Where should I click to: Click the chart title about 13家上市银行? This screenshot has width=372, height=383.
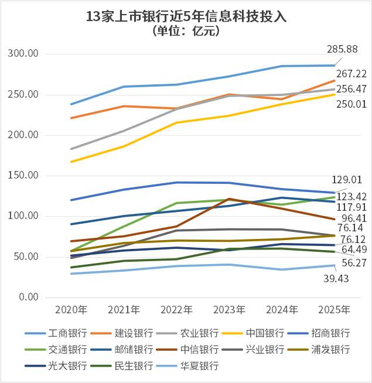click(x=186, y=16)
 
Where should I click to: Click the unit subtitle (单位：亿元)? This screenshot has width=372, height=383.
click(x=186, y=31)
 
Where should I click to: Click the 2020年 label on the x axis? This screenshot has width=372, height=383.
click(x=70, y=309)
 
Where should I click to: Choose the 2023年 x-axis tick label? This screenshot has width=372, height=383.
click(x=229, y=309)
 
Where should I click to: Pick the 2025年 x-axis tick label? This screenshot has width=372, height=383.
click(x=335, y=309)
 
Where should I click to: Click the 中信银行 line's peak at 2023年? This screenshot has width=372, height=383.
click(x=229, y=199)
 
